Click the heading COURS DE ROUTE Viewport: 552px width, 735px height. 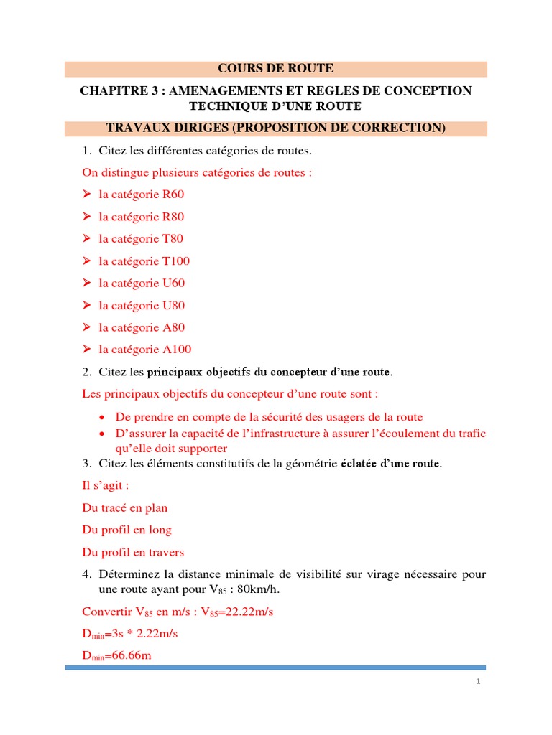coord(276,69)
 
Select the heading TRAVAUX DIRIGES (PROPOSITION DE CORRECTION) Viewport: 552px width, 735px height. coord(276,128)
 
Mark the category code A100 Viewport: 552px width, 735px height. coord(177,350)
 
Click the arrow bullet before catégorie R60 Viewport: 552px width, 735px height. coord(86,195)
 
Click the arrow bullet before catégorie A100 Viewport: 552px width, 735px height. coord(86,350)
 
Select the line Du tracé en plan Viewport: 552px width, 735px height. coord(125,508)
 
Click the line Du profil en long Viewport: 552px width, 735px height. coord(127,530)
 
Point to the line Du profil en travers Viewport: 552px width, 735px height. coord(133,553)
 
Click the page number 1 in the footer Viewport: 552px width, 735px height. coord(477,682)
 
